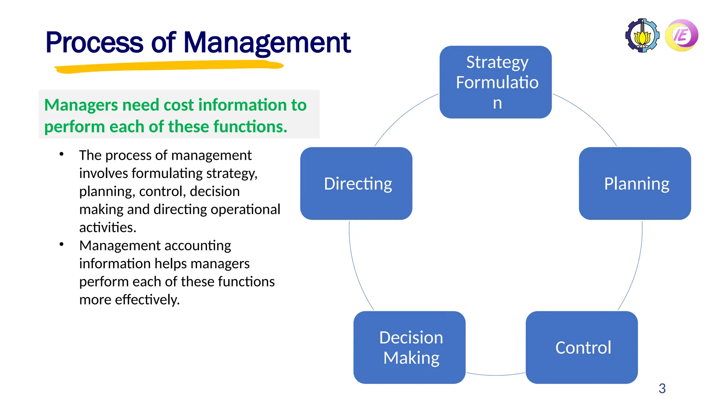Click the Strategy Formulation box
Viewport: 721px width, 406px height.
(495, 82)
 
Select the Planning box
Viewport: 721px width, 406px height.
(635, 183)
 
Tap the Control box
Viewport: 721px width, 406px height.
(582, 347)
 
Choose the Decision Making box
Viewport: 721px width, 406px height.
(409, 347)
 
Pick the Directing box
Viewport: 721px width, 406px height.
(356, 183)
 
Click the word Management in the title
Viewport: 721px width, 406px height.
(267, 42)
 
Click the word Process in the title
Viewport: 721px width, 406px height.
(94, 42)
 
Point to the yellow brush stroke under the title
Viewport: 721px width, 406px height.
(169, 66)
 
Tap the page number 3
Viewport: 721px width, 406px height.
(662, 388)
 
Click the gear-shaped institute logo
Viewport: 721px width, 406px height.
(642, 35)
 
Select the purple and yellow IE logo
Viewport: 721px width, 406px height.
(682, 35)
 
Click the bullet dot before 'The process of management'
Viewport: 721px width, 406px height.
(62, 154)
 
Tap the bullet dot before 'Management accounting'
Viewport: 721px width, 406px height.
(62, 244)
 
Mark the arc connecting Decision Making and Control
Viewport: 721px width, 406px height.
(496, 375)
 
